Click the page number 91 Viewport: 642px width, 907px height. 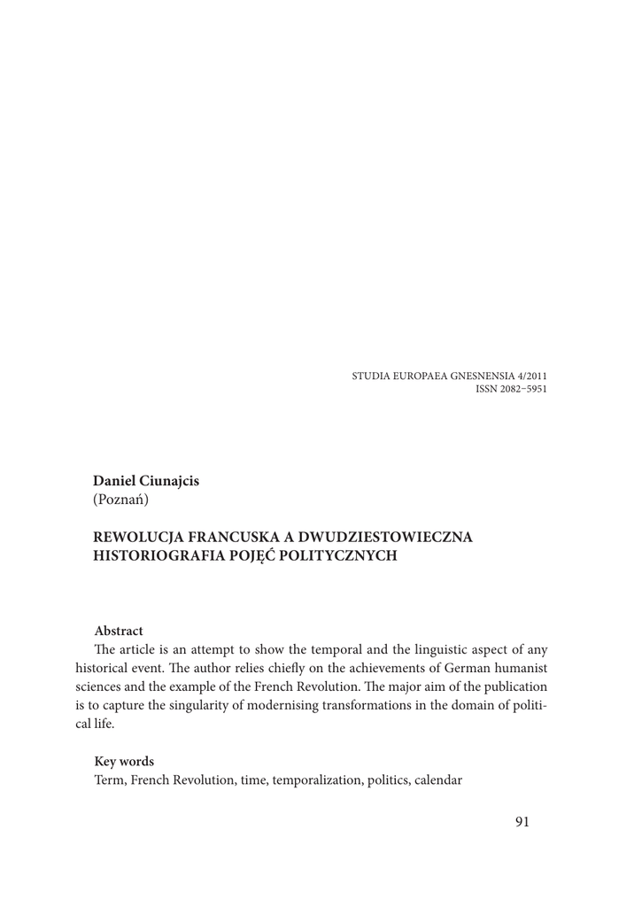pyautogui.click(x=522, y=822)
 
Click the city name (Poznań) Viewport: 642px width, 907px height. pyautogui.click(x=121, y=500)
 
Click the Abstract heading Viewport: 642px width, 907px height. pyautogui.click(x=119, y=631)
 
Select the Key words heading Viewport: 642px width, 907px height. pyautogui.click(x=124, y=761)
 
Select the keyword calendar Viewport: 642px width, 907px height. pyautogui.click(x=436, y=780)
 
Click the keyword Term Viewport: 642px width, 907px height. pyautogui.click(x=109, y=780)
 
